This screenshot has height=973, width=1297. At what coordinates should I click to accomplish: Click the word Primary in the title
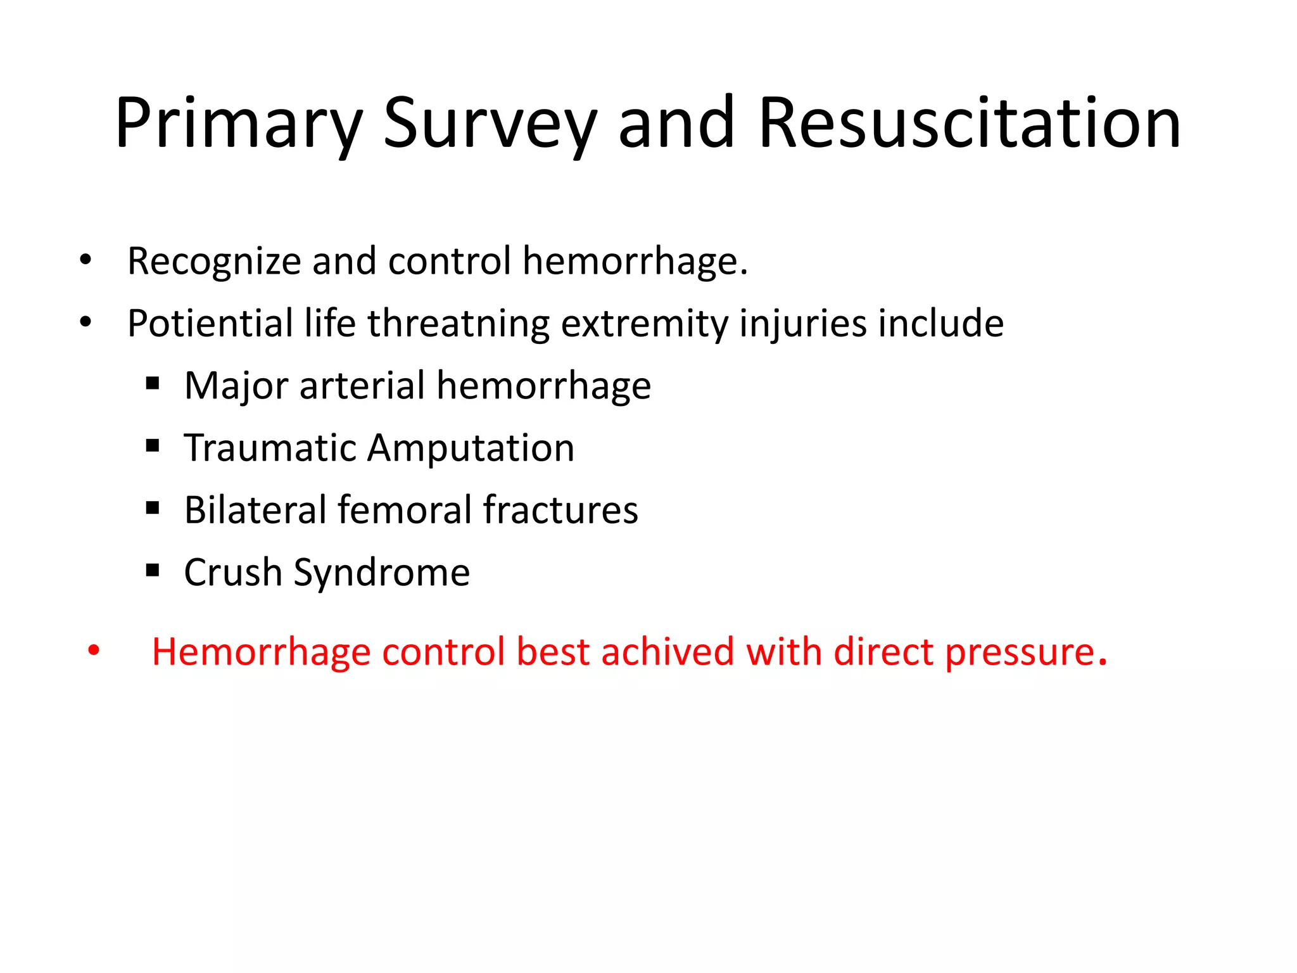point(238,124)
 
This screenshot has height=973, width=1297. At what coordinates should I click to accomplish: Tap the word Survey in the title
point(490,124)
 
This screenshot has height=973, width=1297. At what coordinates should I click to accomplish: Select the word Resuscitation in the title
point(969,124)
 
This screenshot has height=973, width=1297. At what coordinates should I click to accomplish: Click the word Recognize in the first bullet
point(214,261)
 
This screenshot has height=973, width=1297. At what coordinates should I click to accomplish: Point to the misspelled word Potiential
point(210,323)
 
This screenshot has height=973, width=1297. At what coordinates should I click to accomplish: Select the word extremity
point(644,323)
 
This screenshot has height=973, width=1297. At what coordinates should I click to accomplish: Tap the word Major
point(236,385)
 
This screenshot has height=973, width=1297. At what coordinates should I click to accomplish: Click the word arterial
point(362,385)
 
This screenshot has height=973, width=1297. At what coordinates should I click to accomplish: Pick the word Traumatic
point(270,448)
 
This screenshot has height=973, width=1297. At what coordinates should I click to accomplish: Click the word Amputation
point(471,448)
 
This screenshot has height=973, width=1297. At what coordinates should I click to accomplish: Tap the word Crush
point(232,572)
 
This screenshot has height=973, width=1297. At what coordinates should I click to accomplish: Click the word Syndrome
point(381,572)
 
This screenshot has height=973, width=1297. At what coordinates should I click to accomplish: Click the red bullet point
point(94,651)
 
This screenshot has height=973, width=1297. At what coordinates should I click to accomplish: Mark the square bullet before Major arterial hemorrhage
point(152,384)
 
